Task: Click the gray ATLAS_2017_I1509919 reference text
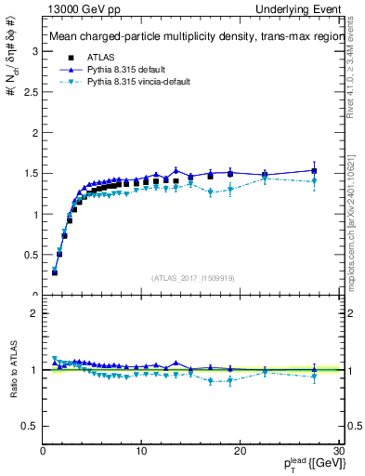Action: pos(191,276)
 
